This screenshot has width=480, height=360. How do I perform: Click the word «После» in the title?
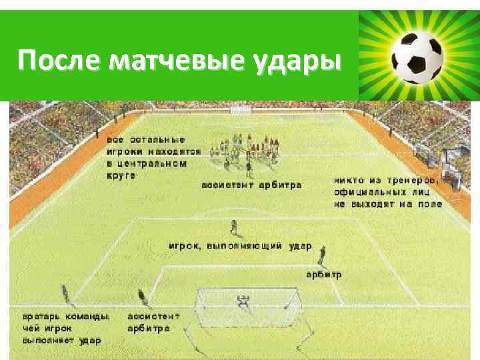[x=59, y=61]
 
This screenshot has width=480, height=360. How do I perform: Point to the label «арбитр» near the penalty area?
[x=324, y=274]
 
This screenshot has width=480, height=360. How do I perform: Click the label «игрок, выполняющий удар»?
[x=239, y=245]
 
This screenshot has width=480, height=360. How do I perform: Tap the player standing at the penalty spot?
[x=233, y=229]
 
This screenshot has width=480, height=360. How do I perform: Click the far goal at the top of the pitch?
[x=239, y=108]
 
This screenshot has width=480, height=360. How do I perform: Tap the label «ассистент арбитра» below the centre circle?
[x=251, y=185]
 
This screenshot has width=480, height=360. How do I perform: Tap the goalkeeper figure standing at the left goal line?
[x=66, y=293]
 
